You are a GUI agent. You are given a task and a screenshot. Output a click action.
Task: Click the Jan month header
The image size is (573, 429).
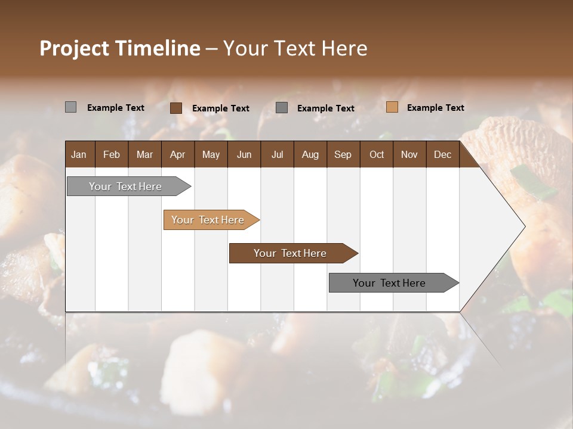pyautogui.click(x=79, y=154)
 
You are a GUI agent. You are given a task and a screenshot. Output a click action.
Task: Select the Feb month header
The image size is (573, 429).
pyautogui.click(x=112, y=154)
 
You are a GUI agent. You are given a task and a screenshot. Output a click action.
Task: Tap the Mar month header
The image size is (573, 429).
pyautogui.click(x=144, y=154)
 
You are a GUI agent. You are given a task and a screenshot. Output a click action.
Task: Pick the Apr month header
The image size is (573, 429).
pyautogui.click(x=177, y=154)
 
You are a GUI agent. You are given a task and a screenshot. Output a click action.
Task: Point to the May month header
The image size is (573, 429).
pyautogui.click(x=211, y=154)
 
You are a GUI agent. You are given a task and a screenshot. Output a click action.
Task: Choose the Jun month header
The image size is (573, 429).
pyautogui.click(x=244, y=154)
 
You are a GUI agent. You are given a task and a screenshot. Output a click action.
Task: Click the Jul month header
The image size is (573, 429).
pyautogui.click(x=277, y=154)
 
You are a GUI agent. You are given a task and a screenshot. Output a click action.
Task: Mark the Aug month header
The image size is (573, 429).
pyautogui.click(x=310, y=154)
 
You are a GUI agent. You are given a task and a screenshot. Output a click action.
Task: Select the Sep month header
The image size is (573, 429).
pyautogui.click(x=343, y=154)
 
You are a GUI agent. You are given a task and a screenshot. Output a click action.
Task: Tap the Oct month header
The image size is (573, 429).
pyautogui.click(x=377, y=154)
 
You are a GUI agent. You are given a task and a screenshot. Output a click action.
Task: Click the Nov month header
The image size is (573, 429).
pyautogui.click(x=409, y=154)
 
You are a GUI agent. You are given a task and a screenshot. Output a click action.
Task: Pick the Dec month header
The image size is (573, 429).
pyautogui.click(x=442, y=154)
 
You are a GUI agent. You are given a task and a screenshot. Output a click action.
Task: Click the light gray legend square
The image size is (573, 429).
pyautogui.click(x=70, y=107)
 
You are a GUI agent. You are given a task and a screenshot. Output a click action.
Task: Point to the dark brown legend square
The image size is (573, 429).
pyautogui.click(x=175, y=108)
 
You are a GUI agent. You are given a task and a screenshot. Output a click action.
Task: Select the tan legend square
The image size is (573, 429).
pyautogui.click(x=392, y=107)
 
